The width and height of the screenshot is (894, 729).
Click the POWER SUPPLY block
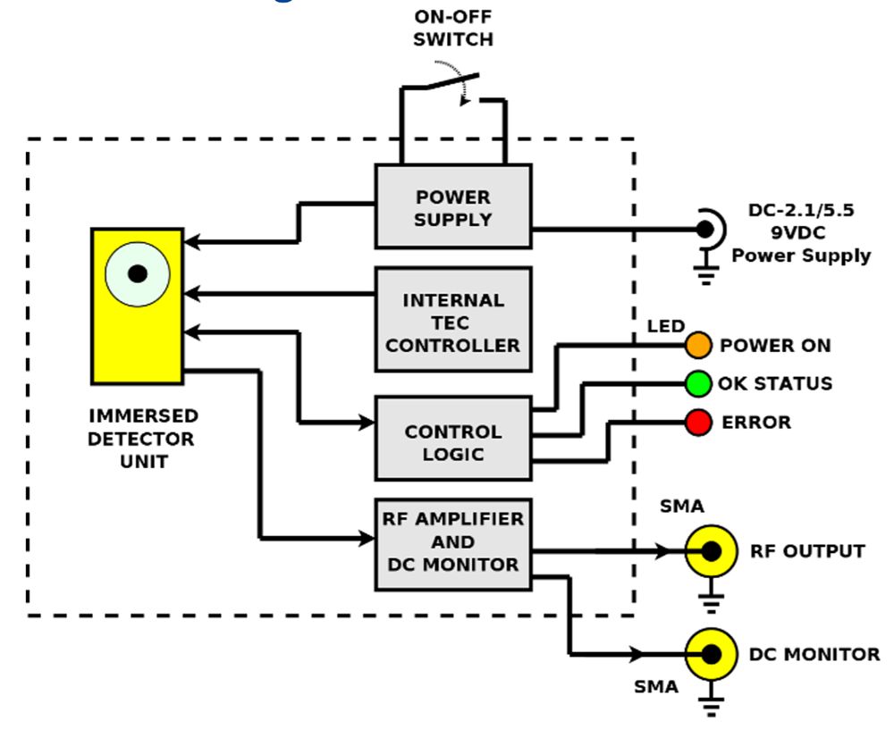[x=452, y=206]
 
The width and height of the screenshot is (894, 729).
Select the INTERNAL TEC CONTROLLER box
[x=452, y=321]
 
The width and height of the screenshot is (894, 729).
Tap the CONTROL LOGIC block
[x=452, y=442]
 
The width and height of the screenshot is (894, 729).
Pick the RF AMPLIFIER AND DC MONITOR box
[x=452, y=542]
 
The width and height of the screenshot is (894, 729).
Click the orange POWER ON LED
[x=698, y=346]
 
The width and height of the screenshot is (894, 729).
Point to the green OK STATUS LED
[x=698, y=383]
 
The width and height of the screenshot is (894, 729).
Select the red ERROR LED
[x=698, y=421]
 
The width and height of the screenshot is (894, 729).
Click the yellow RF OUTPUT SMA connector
[x=711, y=551]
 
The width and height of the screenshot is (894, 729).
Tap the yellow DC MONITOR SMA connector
[x=711, y=654]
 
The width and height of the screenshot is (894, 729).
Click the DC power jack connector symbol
[x=706, y=229]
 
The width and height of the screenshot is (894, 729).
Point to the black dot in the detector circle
[x=137, y=273]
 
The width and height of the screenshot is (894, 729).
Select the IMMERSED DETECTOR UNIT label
[x=143, y=439]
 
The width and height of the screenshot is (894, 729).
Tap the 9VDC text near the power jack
[x=800, y=234]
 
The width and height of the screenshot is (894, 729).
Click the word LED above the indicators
[x=665, y=326]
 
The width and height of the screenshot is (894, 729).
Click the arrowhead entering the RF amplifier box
[x=367, y=539]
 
